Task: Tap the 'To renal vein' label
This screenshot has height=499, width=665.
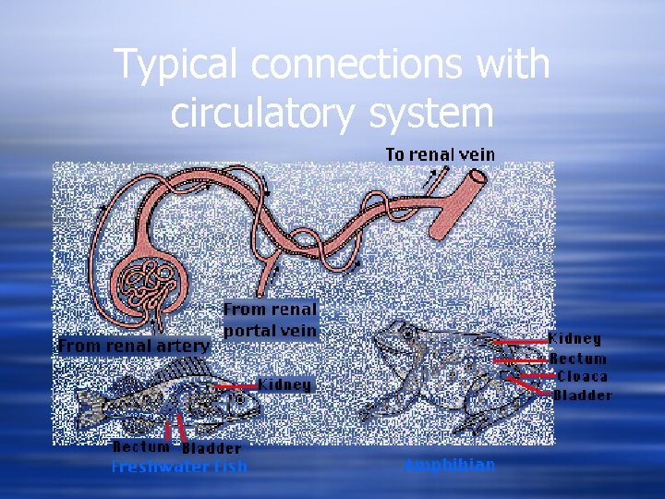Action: click(440, 154)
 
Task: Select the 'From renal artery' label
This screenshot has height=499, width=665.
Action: click(134, 346)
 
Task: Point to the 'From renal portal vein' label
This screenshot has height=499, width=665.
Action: click(270, 320)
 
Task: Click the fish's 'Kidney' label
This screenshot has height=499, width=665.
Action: click(284, 383)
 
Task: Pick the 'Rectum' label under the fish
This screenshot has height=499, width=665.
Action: click(141, 447)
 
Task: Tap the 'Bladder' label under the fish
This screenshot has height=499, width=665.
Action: click(212, 449)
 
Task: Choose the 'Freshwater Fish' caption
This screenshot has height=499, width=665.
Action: click(179, 467)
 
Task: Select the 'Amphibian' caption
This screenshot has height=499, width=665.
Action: click(449, 465)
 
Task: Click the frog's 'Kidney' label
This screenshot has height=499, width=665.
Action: click(574, 339)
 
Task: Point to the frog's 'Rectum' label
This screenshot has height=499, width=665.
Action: click(578, 359)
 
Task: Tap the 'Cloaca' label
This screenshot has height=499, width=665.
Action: click(582, 376)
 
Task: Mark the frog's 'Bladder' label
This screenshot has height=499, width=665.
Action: click(583, 396)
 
